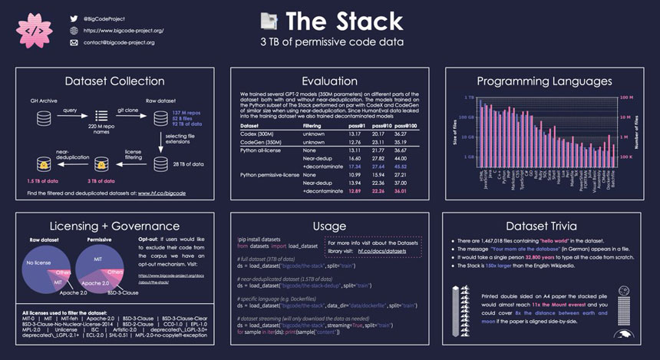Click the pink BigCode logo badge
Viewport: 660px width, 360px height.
[34, 30]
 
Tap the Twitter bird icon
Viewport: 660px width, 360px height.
[74, 17]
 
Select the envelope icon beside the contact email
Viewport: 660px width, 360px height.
[74, 43]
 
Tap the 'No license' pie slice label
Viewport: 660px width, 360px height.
[38, 263]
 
